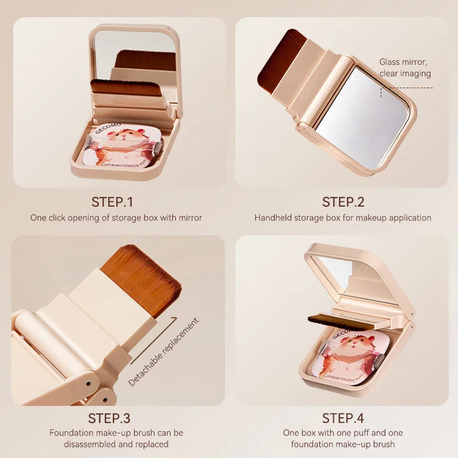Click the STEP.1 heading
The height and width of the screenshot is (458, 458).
click(x=112, y=202)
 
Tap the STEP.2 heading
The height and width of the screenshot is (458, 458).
click(x=343, y=202)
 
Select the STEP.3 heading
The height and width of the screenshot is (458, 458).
click(x=109, y=418)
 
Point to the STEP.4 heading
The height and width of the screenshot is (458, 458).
click(x=343, y=418)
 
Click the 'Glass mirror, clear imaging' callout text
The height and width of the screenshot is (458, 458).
click(x=405, y=68)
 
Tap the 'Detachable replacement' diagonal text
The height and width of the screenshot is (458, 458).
click(x=164, y=352)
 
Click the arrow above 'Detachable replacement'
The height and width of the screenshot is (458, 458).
click(x=154, y=340)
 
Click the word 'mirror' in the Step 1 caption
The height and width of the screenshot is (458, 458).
click(x=190, y=218)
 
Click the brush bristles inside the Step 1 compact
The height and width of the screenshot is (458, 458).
click(x=125, y=87)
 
